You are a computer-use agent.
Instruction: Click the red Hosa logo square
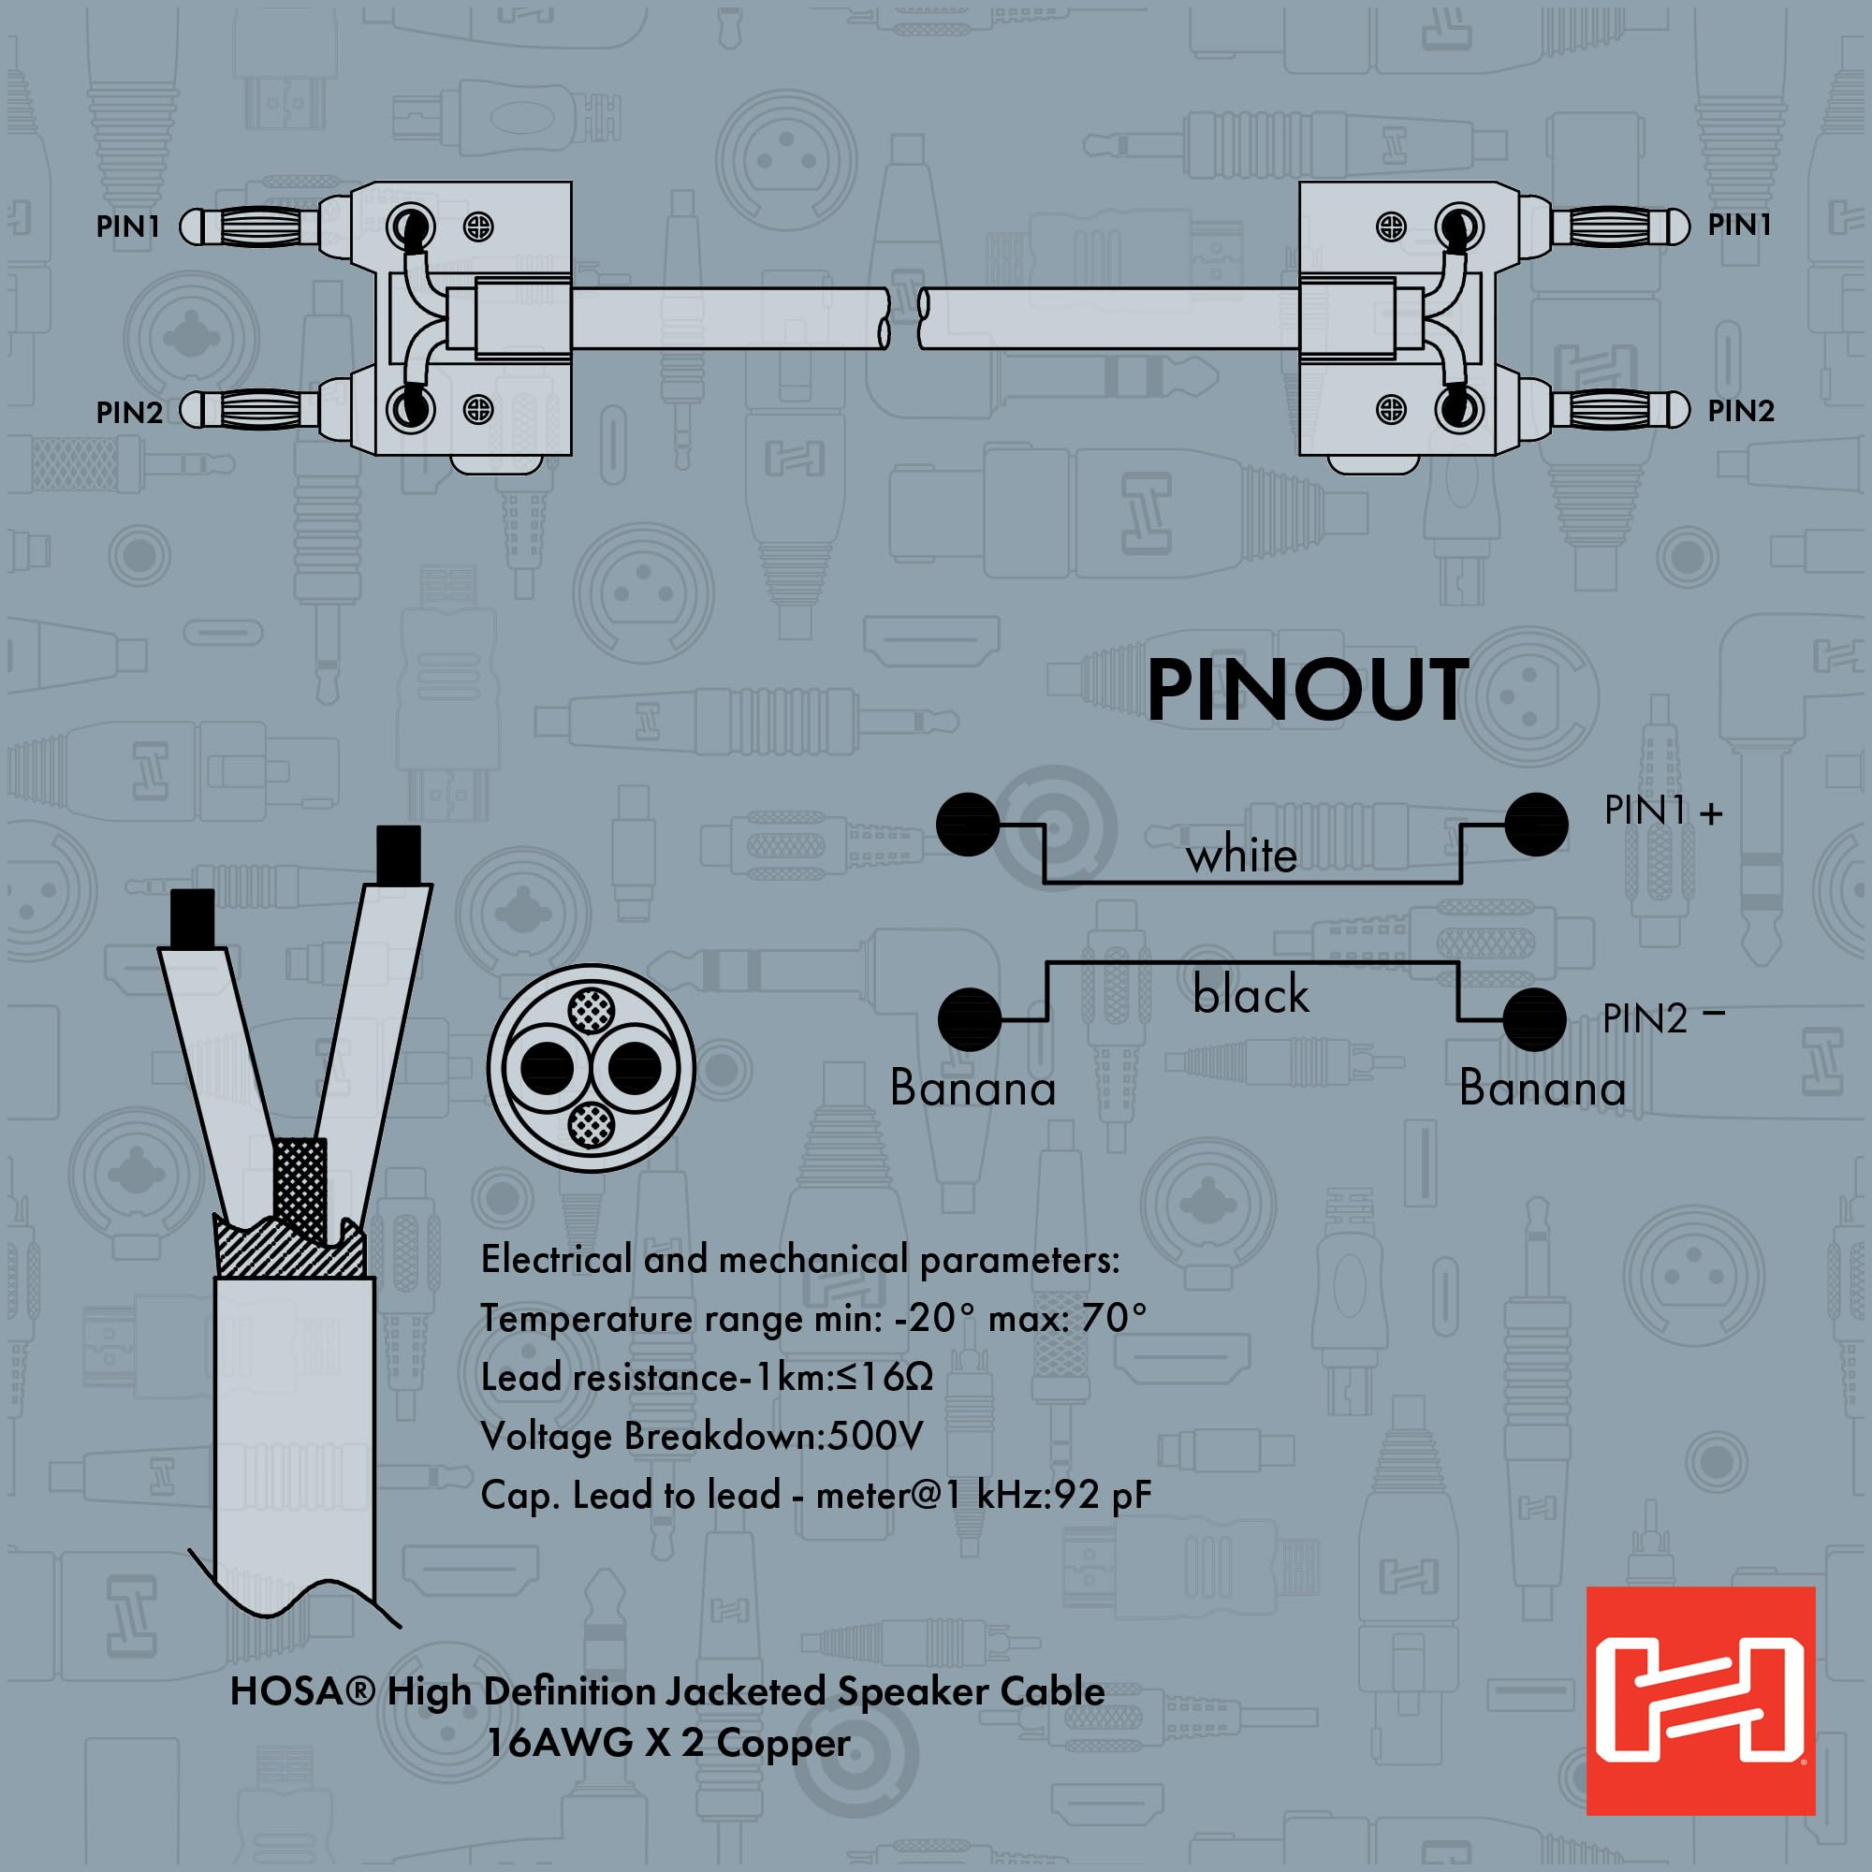[1701, 1701]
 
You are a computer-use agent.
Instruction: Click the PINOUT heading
[1307, 690]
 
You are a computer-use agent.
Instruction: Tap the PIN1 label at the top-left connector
[127, 227]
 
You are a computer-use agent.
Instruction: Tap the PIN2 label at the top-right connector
[1740, 411]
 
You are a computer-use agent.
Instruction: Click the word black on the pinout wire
[1250, 995]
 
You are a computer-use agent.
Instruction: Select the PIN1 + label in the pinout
[1662, 810]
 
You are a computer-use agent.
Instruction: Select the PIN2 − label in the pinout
[1662, 1017]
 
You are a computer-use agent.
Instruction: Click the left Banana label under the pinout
[973, 1087]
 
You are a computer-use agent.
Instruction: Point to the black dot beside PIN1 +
[1536, 825]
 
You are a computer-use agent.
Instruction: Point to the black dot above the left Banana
[969, 1019]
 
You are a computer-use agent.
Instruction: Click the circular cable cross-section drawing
[591, 1068]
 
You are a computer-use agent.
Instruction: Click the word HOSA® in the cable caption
[301, 1718]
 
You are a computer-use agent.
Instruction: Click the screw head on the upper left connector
[478, 227]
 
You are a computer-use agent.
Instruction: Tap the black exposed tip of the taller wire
[398, 854]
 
